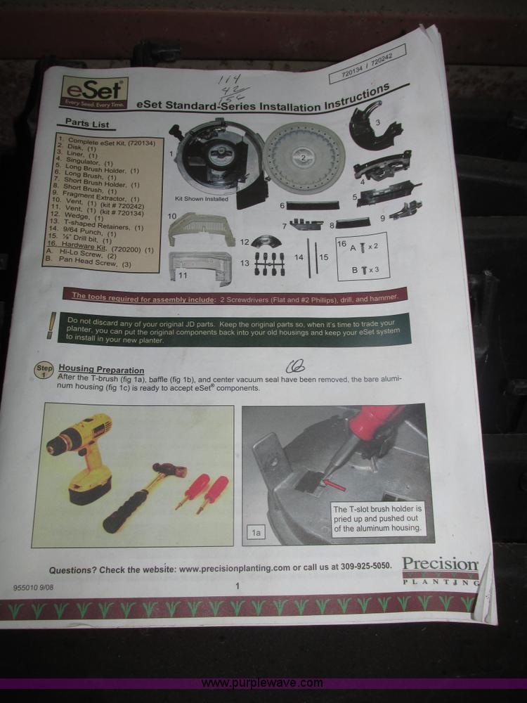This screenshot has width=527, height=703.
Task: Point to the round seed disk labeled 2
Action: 304,157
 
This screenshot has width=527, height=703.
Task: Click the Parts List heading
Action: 84,124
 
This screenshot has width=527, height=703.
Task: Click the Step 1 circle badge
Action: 44,370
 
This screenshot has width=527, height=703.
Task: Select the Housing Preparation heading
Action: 101,369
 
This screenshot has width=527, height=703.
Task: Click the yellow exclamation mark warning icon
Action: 51,325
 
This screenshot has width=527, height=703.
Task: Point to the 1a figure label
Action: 256,534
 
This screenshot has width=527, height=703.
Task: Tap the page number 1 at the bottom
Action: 238,586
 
